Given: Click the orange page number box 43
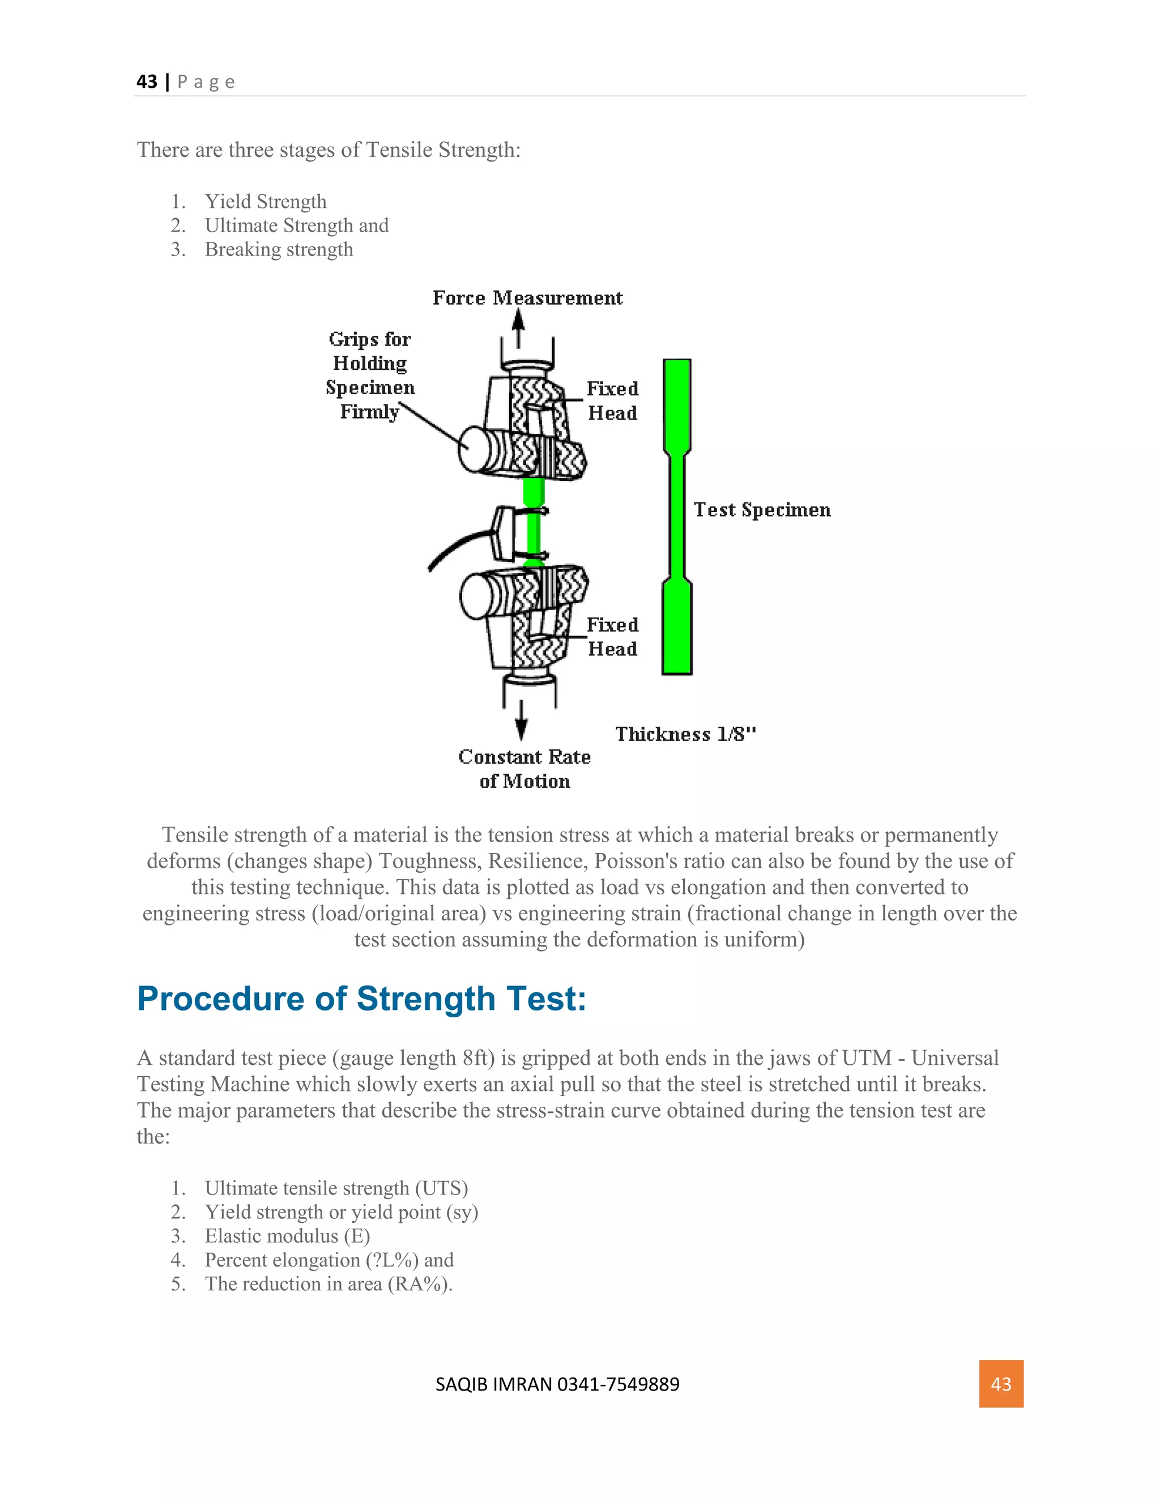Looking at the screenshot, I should [1001, 1384].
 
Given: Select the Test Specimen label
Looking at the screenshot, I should [761, 509].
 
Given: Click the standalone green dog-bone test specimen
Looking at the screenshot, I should [677, 515].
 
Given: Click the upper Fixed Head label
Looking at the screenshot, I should [612, 400].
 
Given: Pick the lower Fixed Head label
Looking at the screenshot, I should [612, 637].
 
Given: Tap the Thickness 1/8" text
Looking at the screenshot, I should [685, 734].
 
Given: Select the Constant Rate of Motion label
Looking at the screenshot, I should [524, 769].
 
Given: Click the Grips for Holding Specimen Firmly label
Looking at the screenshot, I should [370, 374].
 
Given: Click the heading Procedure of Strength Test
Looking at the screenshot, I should [361, 999].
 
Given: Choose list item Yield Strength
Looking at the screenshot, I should [265, 202].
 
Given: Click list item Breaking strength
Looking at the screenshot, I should [278, 249].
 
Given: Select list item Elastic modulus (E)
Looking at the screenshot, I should [287, 1236].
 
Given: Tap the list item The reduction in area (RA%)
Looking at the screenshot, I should [329, 1284].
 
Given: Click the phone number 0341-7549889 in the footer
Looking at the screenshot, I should [618, 1384].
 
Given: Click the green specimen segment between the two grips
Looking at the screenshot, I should [533, 522].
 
